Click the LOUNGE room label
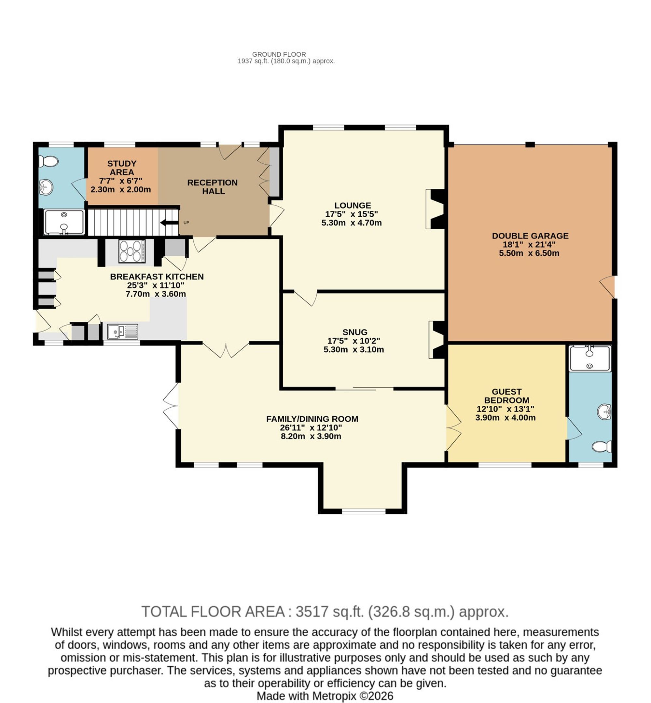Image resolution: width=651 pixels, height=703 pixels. click(353, 205)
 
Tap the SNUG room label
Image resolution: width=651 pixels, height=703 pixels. click(355, 332)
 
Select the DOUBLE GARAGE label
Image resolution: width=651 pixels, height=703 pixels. click(530, 236)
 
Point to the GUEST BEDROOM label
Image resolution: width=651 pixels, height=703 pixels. click(506, 396)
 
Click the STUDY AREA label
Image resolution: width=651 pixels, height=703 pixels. click(121, 168)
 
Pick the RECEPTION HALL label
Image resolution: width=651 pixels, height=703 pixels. click(213, 187)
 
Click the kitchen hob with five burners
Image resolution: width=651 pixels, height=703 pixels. click(132, 251)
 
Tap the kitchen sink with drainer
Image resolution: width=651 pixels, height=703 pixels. click(123, 331)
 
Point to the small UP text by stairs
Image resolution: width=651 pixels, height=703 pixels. click(186, 223)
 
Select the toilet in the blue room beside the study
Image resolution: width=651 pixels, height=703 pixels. click(48, 162)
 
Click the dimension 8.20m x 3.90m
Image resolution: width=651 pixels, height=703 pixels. click(311, 437)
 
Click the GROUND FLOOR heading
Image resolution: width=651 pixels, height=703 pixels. click(279, 54)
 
